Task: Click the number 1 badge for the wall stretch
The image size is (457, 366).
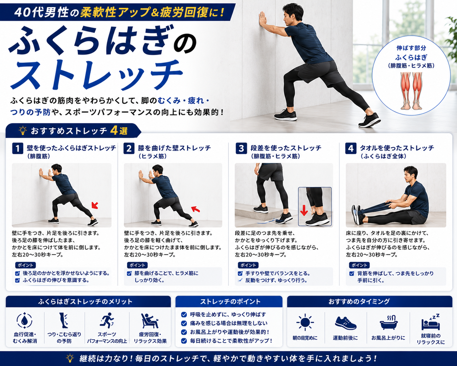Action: pos(17,148)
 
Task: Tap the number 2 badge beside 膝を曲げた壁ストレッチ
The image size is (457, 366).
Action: pos(129,148)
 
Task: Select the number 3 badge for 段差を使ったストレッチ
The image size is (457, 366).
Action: pos(241,148)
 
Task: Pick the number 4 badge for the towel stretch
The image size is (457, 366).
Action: pos(351,148)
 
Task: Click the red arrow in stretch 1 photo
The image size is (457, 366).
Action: pos(95,205)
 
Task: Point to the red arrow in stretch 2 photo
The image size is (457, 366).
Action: pos(196,209)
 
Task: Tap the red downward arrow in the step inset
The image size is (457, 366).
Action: pos(304,210)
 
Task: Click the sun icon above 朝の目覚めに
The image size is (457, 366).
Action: pos(305,322)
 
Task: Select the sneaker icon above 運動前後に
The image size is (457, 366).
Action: pos(346,323)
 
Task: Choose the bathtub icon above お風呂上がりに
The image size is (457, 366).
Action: pos(388,322)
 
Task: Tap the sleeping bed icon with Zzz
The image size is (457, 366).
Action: pos(431,322)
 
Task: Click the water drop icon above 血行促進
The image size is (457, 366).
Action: pos(24,321)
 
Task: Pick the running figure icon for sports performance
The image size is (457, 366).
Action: pos(107,320)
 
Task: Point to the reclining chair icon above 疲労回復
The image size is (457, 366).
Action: pos(150,321)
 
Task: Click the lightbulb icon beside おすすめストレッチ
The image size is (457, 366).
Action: pos(23,130)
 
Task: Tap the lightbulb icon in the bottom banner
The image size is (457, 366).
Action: pos(70,358)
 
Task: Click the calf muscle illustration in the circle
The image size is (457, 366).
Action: pos(411,91)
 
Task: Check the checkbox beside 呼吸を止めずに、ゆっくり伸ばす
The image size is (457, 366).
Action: pos(184,314)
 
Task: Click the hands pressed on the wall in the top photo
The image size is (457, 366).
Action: pos(262,20)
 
